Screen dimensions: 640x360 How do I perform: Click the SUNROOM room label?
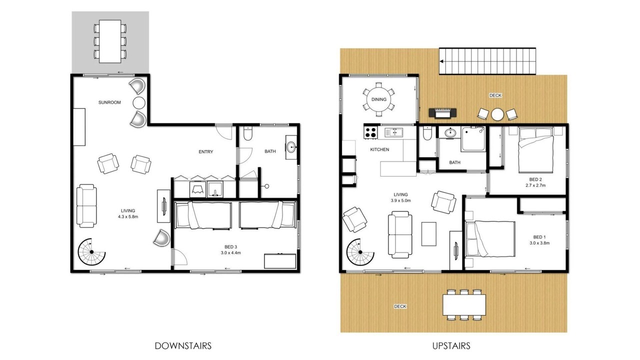pyautogui.click(x=109, y=102)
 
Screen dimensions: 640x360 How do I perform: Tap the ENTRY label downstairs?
pyautogui.click(x=205, y=151)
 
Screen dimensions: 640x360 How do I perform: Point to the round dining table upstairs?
pyautogui.click(x=379, y=99)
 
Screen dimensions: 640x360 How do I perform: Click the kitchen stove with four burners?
pyautogui.click(x=370, y=132)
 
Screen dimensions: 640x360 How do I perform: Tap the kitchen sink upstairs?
pyautogui.click(x=393, y=132)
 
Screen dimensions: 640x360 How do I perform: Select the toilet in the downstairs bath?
pyautogui.click(x=247, y=133)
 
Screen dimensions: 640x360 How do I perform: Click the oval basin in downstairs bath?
pyautogui.click(x=291, y=147)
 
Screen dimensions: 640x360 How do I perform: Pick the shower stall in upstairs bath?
pyautogui.click(x=473, y=139)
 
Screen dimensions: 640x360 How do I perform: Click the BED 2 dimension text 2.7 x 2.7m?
pyautogui.click(x=535, y=185)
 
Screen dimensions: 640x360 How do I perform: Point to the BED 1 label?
pyautogui.click(x=539, y=237)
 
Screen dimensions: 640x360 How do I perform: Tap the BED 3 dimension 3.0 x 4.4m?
pyautogui.click(x=230, y=253)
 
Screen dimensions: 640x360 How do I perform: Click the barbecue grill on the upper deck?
pyautogui.click(x=442, y=113)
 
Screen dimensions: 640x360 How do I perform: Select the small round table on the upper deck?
pyautogui.click(x=497, y=114)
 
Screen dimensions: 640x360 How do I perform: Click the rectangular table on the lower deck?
pyautogui.click(x=464, y=305)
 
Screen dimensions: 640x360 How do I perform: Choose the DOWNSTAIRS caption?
pyautogui.click(x=183, y=346)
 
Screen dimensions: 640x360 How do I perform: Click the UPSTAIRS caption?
pyautogui.click(x=451, y=346)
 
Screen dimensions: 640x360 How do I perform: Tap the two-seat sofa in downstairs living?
pyautogui.click(x=86, y=205)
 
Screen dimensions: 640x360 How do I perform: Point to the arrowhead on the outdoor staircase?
pyautogui.click(x=441, y=61)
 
